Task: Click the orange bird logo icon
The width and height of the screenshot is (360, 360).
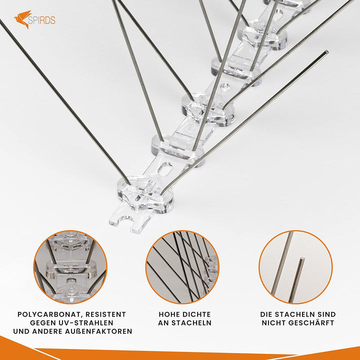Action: tap(22, 19)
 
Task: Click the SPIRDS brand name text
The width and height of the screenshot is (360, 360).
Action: tap(42, 20)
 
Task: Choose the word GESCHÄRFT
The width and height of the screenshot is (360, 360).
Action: tap(311, 323)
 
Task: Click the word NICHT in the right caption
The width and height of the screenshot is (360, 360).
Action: tap(273, 323)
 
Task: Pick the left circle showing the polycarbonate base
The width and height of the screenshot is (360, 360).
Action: tap(70, 267)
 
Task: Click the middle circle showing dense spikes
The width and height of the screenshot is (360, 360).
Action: tap(182, 267)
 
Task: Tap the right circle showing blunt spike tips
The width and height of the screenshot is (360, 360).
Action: tap(295, 267)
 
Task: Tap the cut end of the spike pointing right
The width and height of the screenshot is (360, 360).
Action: tap(326, 52)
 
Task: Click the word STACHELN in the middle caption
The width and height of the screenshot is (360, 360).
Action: tap(191, 323)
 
